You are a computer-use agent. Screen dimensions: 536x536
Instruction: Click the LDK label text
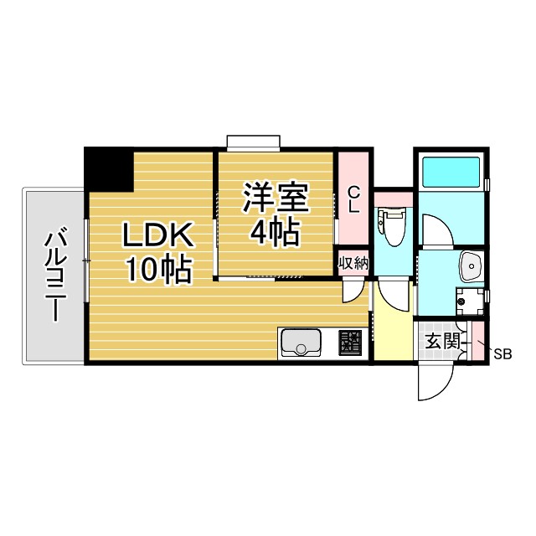pos(159,236)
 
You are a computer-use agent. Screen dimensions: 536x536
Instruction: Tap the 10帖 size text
pos(159,270)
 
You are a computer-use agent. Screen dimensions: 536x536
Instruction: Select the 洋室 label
pos(276,198)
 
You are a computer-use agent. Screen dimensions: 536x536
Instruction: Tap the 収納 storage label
pos(353,263)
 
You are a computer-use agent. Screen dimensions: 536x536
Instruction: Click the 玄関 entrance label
pos(441,341)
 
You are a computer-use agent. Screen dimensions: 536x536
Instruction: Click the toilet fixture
pos(391,224)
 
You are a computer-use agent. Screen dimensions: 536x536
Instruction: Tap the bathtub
pos(451,173)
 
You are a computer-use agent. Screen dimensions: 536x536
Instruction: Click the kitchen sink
pos(301,343)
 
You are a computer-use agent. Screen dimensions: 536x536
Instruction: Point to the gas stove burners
pos(349,343)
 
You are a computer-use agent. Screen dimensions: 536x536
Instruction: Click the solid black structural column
pos(109,167)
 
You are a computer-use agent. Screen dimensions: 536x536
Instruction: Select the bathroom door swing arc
pos(435,230)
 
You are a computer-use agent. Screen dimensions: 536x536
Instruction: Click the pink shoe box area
pos(477,340)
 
